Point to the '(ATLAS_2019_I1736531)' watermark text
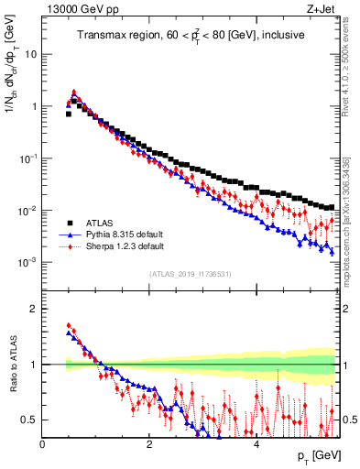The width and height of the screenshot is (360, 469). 190,274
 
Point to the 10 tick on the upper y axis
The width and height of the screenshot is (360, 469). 31,54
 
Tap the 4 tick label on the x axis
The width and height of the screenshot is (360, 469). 256,444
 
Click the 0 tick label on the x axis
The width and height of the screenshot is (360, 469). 42,444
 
